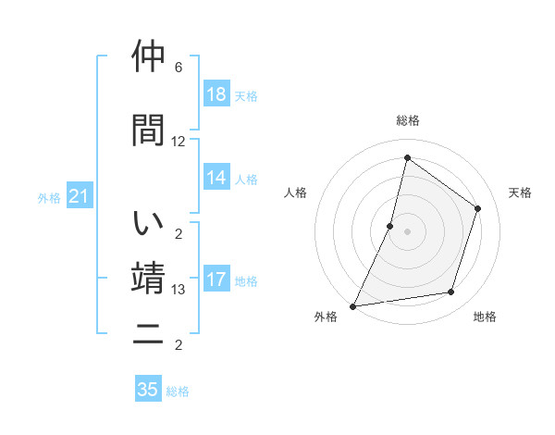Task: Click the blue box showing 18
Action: [216, 94]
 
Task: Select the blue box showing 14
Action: [216, 178]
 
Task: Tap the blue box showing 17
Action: [216, 280]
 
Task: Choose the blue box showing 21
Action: [79, 197]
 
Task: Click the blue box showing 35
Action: [148, 390]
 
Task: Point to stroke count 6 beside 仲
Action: [179, 68]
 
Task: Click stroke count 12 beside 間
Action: [179, 142]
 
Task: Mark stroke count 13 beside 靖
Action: [179, 290]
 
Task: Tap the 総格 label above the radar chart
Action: [407, 120]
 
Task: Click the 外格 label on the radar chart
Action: [326, 317]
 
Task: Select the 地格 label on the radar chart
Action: [485, 317]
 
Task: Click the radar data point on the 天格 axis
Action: [478, 208]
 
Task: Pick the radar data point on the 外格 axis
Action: [353, 305]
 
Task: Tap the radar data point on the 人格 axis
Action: [390, 226]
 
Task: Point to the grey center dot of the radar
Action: [407, 231]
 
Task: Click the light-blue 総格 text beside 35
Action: [178, 391]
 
